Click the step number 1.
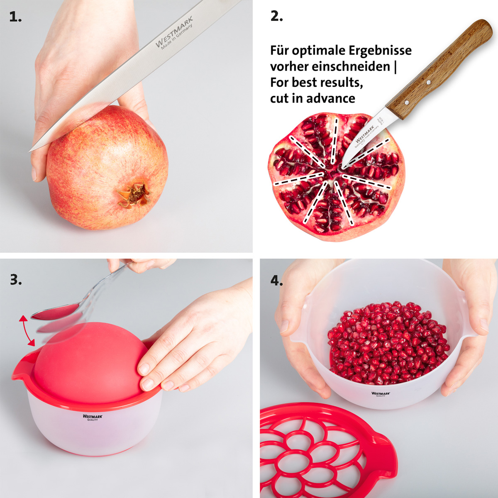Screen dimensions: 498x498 15,17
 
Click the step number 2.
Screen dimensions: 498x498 276,17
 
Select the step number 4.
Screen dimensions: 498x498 276,281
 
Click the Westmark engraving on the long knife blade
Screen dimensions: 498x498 174,32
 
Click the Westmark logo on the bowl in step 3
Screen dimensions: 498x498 92,417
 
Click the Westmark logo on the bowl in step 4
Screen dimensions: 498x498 381,393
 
